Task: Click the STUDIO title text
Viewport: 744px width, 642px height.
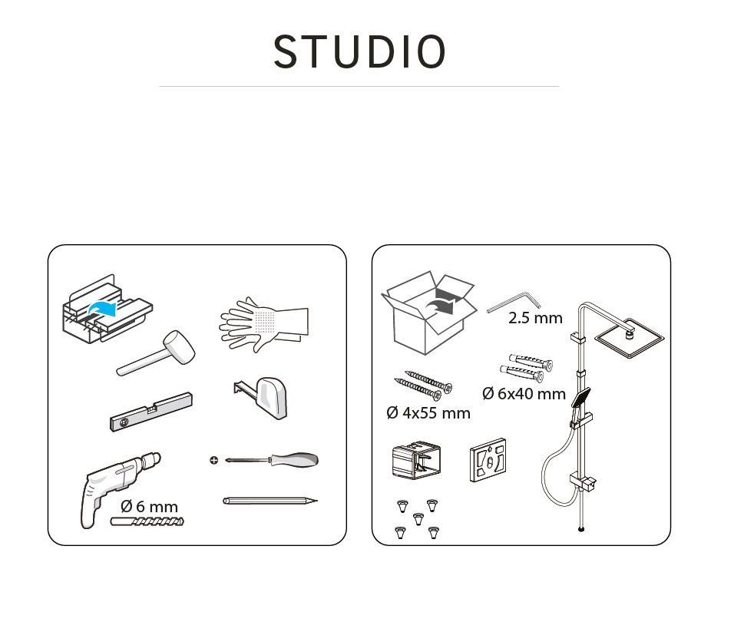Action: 359,51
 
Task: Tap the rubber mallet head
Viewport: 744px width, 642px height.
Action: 179,347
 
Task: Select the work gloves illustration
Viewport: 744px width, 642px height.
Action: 264,324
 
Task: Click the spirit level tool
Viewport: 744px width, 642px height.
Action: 151,412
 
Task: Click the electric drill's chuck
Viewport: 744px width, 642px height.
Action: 152,460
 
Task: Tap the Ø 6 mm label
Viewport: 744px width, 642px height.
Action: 150,506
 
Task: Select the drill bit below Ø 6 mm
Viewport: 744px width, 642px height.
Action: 147,521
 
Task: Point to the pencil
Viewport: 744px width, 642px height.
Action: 270,501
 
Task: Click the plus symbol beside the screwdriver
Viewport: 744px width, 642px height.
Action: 214,460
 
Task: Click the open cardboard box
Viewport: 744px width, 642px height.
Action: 429,313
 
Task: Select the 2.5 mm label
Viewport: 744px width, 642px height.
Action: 535,318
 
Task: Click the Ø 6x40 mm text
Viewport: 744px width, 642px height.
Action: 524,393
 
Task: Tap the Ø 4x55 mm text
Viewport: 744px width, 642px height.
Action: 428,413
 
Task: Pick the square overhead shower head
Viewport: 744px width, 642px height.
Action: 629,338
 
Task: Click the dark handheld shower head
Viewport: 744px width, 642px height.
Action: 581,398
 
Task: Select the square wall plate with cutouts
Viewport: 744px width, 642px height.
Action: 488,460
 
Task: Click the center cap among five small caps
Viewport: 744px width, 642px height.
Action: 418,518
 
